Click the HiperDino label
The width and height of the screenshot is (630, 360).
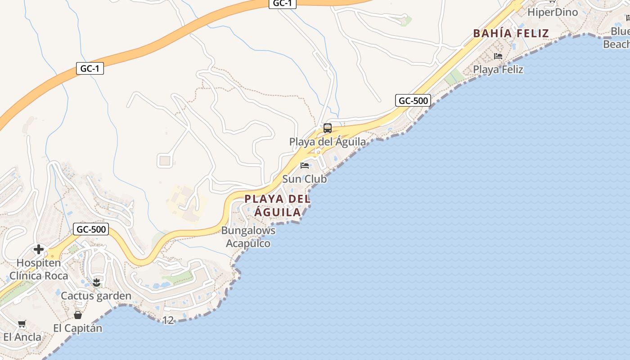click(552, 12)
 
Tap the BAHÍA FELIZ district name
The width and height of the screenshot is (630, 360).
click(511, 33)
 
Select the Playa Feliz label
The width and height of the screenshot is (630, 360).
click(498, 69)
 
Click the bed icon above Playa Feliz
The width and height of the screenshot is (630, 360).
click(498, 56)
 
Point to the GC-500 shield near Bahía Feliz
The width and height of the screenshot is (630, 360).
click(413, 100)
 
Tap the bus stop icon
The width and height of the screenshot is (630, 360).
click(328, 128)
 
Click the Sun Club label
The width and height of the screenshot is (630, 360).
click(304, 179)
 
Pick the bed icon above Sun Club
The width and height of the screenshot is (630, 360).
click(305, 165)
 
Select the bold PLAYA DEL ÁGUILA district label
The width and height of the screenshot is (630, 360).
click(278, 205)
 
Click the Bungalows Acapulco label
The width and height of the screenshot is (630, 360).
click(248, 237)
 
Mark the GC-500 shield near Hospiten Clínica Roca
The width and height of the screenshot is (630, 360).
click(91, 229)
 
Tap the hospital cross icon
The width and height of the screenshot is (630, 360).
click(39, 249)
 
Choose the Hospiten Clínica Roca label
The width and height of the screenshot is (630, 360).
click(39, 269)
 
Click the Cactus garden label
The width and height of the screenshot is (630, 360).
click(96, 296)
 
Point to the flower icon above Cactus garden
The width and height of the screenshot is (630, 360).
click(96, 283)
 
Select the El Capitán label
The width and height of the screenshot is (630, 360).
click(78, 328)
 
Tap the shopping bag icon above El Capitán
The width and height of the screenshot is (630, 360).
click(78, 315)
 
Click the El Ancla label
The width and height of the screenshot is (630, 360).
click(22, 337)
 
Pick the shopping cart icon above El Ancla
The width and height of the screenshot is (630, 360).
click(22, 324)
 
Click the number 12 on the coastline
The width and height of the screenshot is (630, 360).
click(168, 320)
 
